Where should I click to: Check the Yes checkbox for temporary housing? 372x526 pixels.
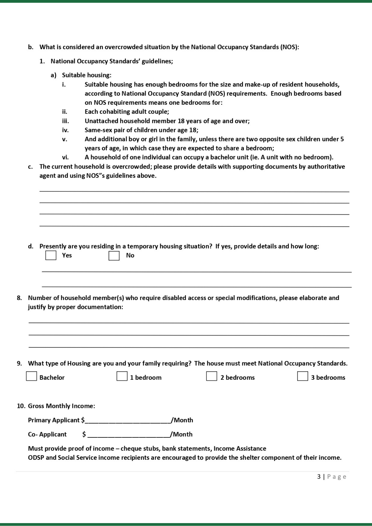coord(51,255)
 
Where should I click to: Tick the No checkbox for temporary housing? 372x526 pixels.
coord(114,255)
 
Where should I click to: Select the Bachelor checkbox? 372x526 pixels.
coord(31,376)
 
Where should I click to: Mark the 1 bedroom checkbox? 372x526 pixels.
coord(122,376)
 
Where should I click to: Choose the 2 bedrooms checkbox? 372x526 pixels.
coord(212,376)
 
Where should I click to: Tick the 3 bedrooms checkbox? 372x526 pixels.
coord(303,376)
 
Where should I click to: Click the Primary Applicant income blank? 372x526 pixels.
coord(128,420)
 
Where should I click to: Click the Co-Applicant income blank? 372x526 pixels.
coord(129,434)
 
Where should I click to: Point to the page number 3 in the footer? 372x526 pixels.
coord(319,477)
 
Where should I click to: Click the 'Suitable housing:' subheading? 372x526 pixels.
coord(87,75)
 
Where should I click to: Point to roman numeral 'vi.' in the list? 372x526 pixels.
coord(65,157)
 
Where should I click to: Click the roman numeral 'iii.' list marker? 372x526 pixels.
coord(66,121)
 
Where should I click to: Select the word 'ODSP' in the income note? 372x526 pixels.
coord(36,458)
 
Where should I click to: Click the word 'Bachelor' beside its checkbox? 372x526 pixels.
coord(52,377)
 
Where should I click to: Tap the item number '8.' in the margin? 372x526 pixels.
coord(19,298)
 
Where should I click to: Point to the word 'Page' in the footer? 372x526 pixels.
coord(336,477)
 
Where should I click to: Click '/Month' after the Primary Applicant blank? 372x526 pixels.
coord(182,420)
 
